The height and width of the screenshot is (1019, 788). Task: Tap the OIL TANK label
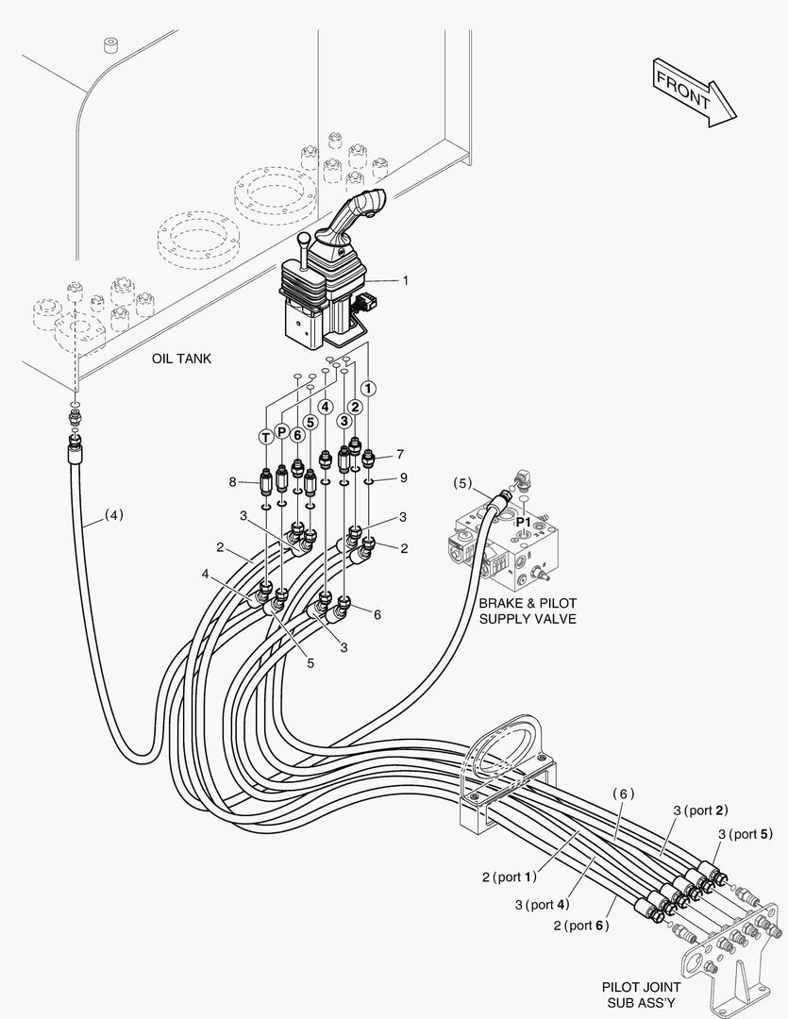[x=181, y=359]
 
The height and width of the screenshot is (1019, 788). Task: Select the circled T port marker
[x=266, y=436]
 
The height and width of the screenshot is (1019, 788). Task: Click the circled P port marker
[x=281, y=431]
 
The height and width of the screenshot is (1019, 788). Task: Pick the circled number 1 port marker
[x=368, y=388]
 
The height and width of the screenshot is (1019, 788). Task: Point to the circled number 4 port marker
[x=325, y=408]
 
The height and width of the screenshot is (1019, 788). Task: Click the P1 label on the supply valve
[x=523, y=521]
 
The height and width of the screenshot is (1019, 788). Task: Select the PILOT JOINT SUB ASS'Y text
[x=640, y=994]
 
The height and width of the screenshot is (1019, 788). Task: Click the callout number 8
[x=232, y=482]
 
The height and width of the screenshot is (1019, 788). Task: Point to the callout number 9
[x=403, y=477]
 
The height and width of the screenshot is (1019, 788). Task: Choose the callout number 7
[x=400, y=454]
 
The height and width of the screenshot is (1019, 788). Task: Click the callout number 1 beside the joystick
[x=405, y=280]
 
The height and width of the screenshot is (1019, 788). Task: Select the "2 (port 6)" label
[x=581, y=925]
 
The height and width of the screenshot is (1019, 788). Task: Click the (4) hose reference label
[x=113, y=515]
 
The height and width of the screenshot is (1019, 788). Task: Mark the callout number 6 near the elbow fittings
[x=377, y=614]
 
